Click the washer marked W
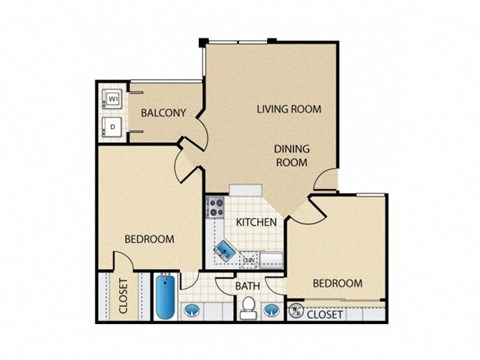(113, 99)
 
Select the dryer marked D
(113, 126)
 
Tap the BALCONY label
(163, 113)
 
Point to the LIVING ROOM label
(288, 109)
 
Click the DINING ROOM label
(293, 155)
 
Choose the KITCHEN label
(255, 222)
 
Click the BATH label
(248, 286)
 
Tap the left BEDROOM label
(150, 239)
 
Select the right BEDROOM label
(337, 283)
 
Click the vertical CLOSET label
(124, 296)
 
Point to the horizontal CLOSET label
(324, 315)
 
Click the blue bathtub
(164, 294)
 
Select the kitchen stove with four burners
(215, 208)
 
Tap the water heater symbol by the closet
(295, 313)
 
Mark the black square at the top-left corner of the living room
(203, 41)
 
